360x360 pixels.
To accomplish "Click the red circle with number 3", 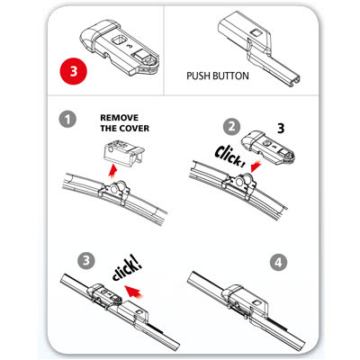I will click(73, 71).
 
